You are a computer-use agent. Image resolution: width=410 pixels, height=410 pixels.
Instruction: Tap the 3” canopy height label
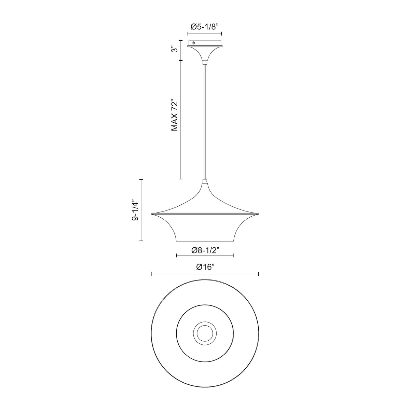click(175, 50)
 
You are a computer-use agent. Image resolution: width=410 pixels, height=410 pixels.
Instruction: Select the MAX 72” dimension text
click(174, 115)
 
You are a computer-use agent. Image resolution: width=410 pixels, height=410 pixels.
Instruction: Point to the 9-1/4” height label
click(135, 210)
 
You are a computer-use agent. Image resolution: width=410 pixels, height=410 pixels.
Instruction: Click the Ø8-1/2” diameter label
click(205, 250)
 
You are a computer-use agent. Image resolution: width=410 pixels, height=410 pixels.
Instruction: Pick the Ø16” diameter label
click(205, 267)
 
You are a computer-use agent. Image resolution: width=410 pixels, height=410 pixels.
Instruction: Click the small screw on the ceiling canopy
click(193, 43)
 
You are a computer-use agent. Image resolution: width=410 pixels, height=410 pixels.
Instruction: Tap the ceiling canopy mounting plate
click(205, 43)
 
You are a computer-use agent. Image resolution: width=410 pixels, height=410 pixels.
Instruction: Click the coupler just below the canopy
click(205, 62)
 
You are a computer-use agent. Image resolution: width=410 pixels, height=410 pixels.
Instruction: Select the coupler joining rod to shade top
click(205, 181)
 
